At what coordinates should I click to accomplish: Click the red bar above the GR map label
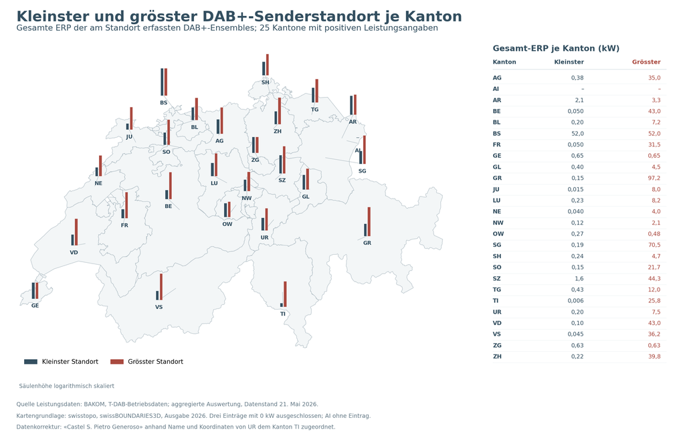[x=369, y=222]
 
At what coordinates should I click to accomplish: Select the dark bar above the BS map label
[x=162, y=82]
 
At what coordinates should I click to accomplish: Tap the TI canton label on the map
[x=283, y=314]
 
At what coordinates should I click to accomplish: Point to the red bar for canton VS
[x=161, y=287]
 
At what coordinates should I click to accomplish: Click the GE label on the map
[x=35, y=306]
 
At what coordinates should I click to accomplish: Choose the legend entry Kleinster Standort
[x=61, y=361]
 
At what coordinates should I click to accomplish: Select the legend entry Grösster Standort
[x=146, y=361]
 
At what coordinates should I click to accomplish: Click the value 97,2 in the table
[x=654, y=178]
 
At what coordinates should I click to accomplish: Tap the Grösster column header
[x=646, y=62]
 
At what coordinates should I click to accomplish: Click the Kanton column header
[x=504, y=62]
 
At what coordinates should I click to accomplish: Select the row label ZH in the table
[x=497, y=356]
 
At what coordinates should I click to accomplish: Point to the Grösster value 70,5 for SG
[x=654, y=245]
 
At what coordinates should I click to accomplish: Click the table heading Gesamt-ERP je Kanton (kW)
[x=556, y=48]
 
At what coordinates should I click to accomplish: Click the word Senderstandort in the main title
[x=318, y=17]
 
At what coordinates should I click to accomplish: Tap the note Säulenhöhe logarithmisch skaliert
[x=66, y=386]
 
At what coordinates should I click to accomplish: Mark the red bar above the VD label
[x=76, y=232]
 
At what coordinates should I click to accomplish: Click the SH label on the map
[x=266, y=82]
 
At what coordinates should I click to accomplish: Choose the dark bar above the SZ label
[x=280, y=164]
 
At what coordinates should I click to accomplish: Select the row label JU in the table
[x=496, y=189]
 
